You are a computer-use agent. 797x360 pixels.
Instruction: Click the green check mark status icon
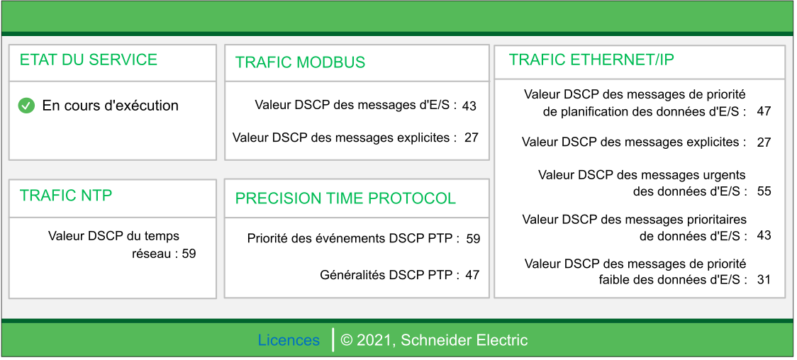pos(26,106)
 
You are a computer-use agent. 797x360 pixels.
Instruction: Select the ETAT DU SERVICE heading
pos(89,60)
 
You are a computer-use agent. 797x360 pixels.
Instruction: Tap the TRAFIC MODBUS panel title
pos(300,62)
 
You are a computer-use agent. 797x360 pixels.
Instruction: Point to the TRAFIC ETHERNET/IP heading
pos(591,60)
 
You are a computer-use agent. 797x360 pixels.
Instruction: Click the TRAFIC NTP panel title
pos(66,196)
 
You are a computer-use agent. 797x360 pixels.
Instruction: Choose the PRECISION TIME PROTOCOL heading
pos(345,198)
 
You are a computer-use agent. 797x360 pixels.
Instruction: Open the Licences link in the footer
pos(289,340)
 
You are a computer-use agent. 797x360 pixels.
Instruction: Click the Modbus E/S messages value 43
pos(469,106)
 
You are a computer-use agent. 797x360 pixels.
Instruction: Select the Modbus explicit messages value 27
pos(472,137)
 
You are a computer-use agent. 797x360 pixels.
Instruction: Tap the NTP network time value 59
pos(189,254)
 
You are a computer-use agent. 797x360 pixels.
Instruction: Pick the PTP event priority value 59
pos(473,239)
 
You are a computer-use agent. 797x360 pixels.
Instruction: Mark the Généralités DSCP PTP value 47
pos(472,275)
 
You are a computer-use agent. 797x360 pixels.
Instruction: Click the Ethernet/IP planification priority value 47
pos(764,112)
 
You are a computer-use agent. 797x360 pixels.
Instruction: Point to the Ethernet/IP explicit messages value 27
pos(764,142)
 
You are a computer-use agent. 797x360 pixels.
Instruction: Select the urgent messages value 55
pos(764,191)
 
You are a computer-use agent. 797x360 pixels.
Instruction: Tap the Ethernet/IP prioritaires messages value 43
pos(764,235)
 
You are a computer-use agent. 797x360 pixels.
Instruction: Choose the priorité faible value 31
pos(764,279)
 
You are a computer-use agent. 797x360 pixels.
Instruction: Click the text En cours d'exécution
pos(111,106)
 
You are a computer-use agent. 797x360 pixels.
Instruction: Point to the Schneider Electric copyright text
pos(434,340)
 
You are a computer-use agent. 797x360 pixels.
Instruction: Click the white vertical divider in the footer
pos(333,340)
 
